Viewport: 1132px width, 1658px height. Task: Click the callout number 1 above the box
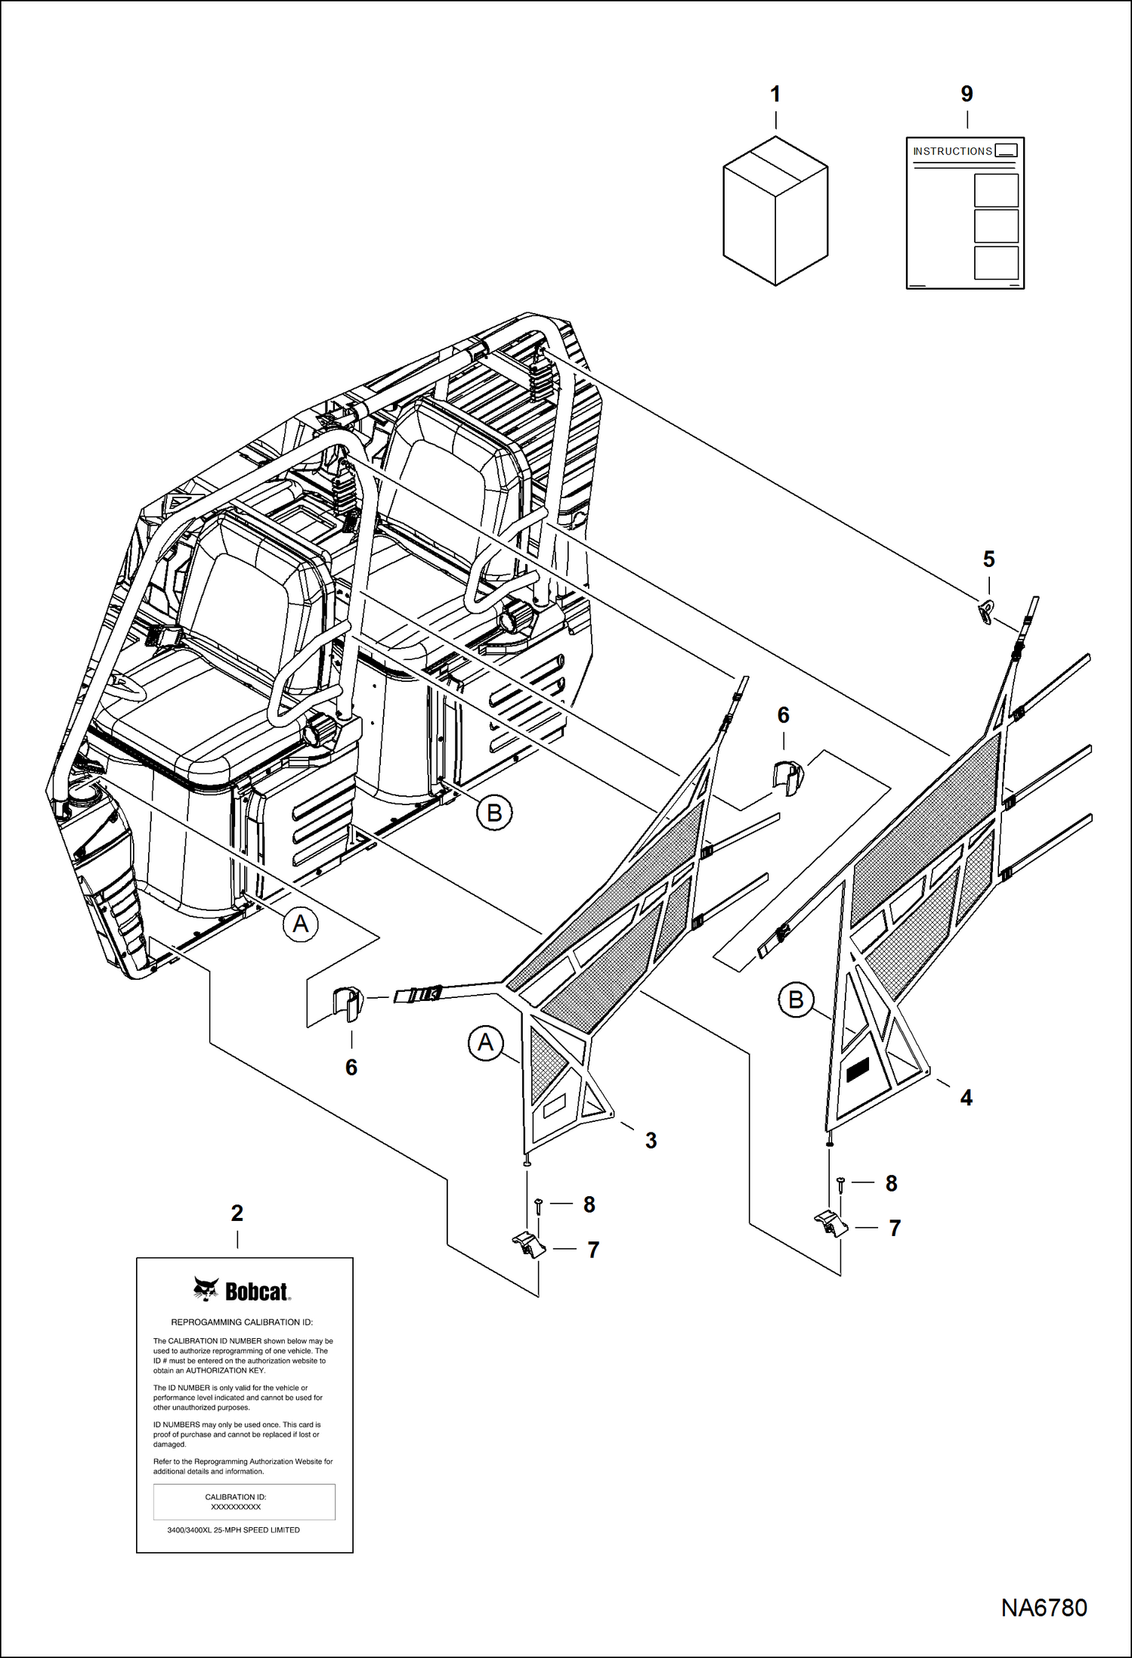pyautogui.click(x=775, y=95)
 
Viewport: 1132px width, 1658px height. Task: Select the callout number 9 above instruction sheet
pyautogui.click(x=967, y=95)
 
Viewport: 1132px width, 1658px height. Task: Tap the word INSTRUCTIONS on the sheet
pyautogui.click(x=952, y=151)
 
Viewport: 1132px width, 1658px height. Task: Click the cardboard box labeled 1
pyautogui.click(x=775, y=211)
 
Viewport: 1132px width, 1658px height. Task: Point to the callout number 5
pyautogui.click(x=988, y=559)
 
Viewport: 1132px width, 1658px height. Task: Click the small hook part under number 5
pyautogui.click(x=986, y=611)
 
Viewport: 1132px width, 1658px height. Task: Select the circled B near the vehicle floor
pyautogui.click(x=494, y=813)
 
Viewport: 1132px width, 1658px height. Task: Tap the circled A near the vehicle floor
pyautogui.click(x=301, y=924)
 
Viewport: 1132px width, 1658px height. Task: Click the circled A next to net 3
pyautogui.click(x=485, y=1043)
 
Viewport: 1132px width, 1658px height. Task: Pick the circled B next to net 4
pyautogui.click(x=796, y=1000)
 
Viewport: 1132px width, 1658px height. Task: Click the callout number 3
pyautogui.click(x=651, y=1141)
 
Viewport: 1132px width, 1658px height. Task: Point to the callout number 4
pyautogui.click(x=966, y=1098)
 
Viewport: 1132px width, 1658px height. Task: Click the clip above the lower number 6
pyautogui.click(x=348, y=1002)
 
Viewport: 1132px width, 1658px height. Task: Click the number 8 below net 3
pyautogui.click(x=589, y=1204)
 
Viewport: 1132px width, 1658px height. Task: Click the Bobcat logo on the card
pyautogui.click(x=242, y=1291)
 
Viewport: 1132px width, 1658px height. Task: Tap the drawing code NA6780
pyautogui.click(x=1044, y=1607)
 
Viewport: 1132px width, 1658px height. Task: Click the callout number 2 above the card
pyautogui.click(x=237, y=1213)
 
